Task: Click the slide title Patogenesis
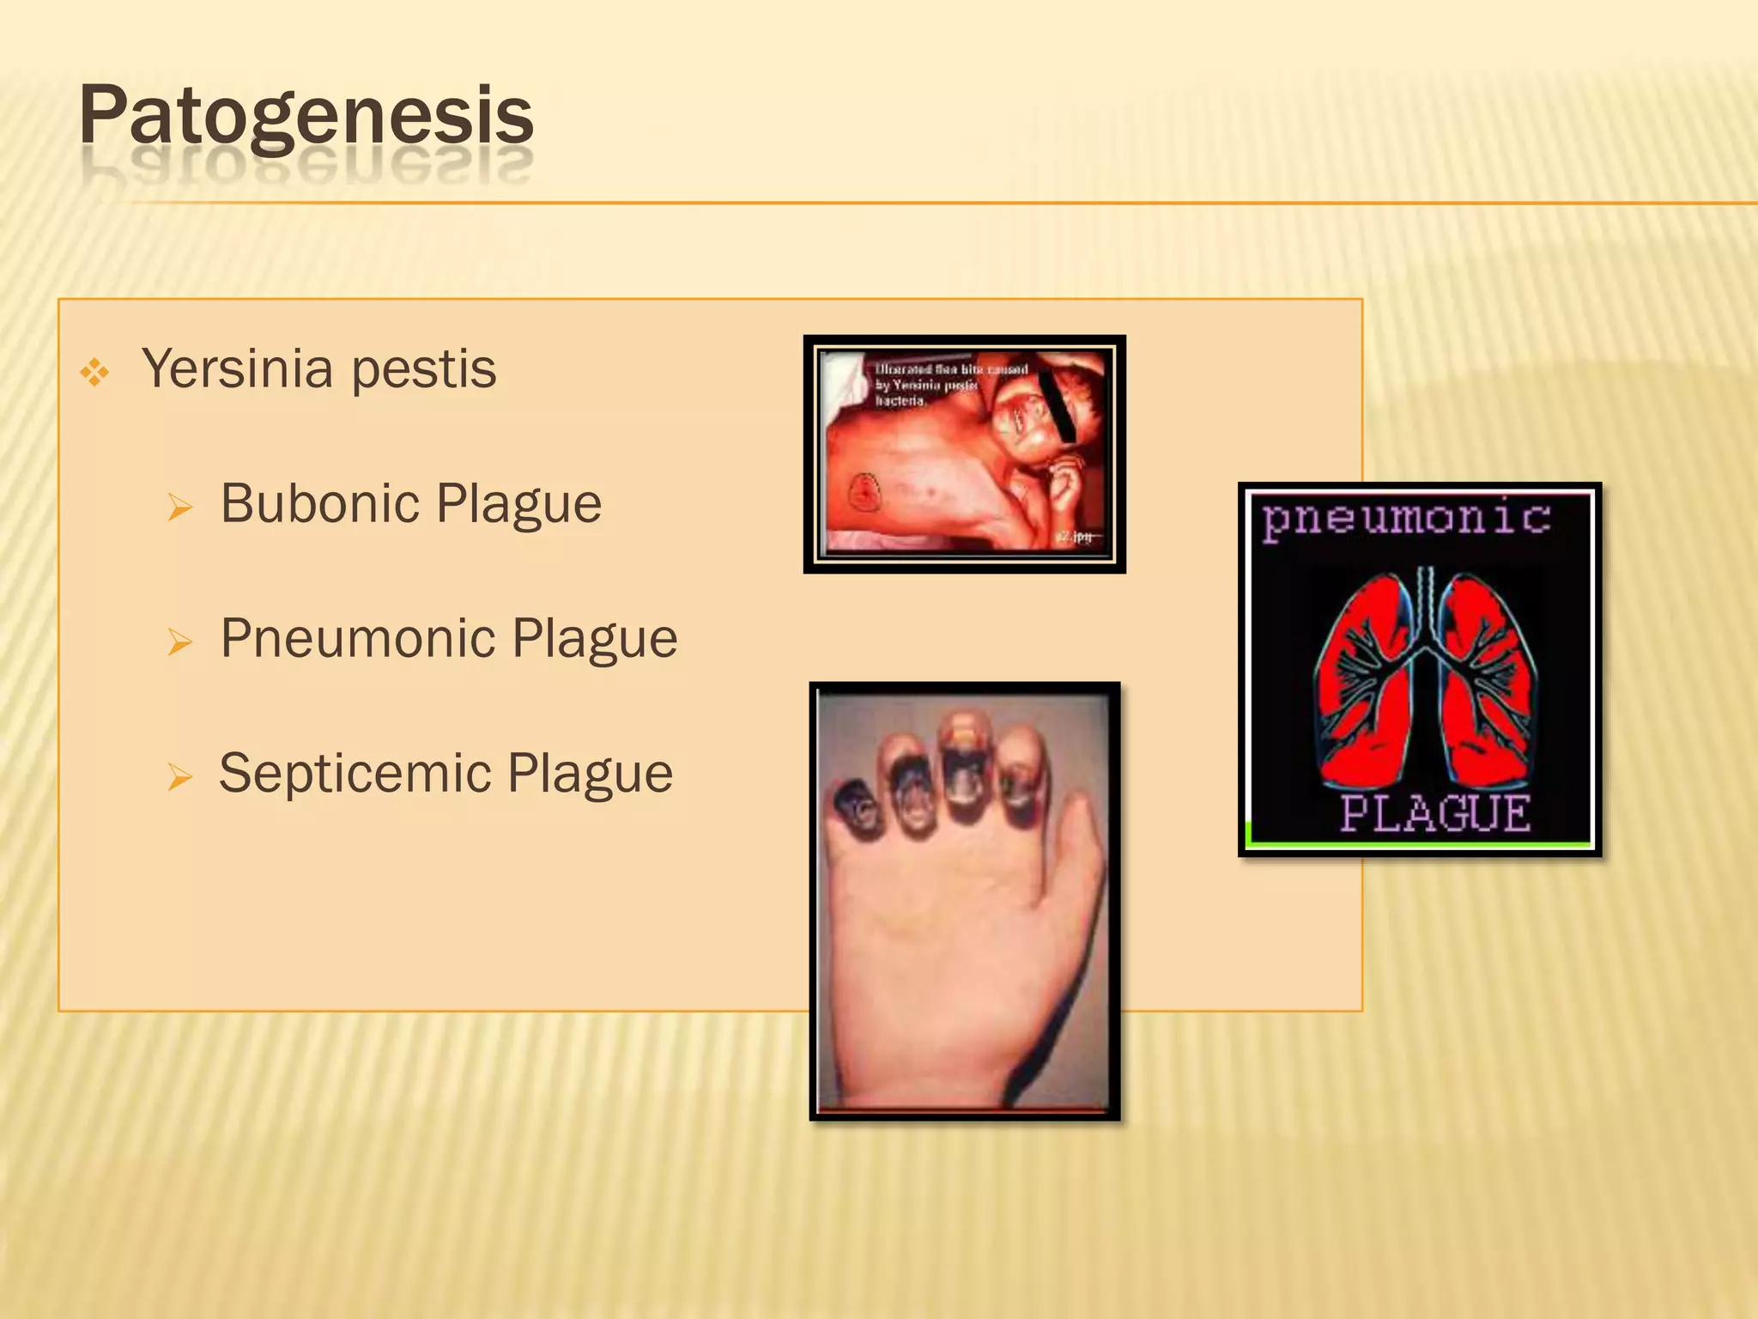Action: point(306,117)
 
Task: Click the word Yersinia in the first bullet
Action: point(237,369)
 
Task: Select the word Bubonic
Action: point(319,503)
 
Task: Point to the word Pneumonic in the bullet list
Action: point(357,639)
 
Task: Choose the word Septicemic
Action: point(354,774)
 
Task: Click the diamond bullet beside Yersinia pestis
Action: point(94,373)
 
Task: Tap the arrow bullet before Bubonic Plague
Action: point(180,508)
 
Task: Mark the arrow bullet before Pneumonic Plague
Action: point(180,642)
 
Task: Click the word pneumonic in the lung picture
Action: point(1406,519)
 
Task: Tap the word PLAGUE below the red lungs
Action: point(1435,813)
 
